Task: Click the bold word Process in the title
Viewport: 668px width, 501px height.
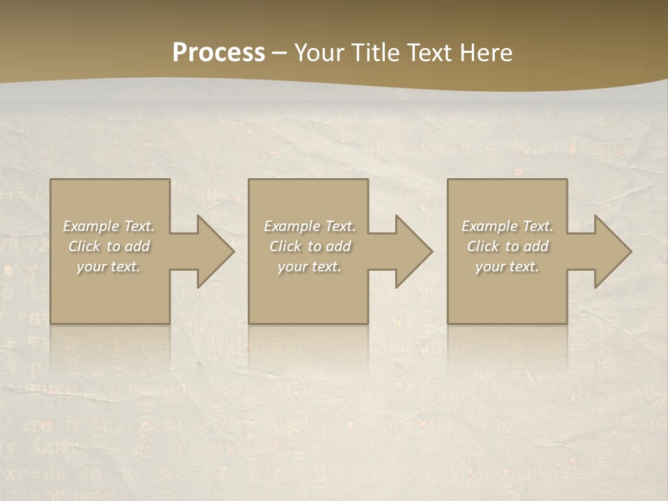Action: point(218,53)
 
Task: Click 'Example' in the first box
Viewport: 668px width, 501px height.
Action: point(90,226)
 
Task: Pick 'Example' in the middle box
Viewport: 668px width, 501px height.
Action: point(292,226)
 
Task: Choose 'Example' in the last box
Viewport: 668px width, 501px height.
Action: point(489,226)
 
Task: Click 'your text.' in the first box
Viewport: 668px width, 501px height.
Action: point(109,267)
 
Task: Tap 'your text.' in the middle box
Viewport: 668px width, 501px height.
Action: point(310,267)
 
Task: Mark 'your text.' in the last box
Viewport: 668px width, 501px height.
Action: point(507,267)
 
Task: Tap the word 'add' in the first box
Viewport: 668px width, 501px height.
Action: point(138,246)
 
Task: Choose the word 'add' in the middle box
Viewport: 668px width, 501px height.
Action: point(339,246)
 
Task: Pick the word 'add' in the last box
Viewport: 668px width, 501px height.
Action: point(536,246)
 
